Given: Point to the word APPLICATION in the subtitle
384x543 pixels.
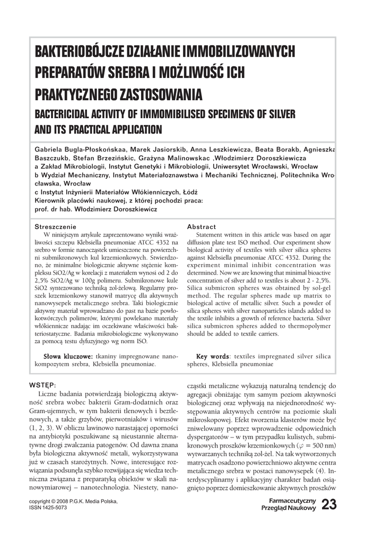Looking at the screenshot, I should click(130, 129).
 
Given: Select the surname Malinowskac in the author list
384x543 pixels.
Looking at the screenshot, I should click(184, 158).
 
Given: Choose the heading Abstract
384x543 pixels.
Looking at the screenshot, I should click(202, 226).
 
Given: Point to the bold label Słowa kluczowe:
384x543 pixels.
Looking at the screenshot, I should click(68, 357).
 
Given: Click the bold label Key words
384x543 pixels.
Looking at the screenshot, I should click(213, 357).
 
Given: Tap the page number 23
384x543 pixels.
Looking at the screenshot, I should click(328, 505).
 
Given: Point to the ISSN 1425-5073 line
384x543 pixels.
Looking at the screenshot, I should click(48, 507).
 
